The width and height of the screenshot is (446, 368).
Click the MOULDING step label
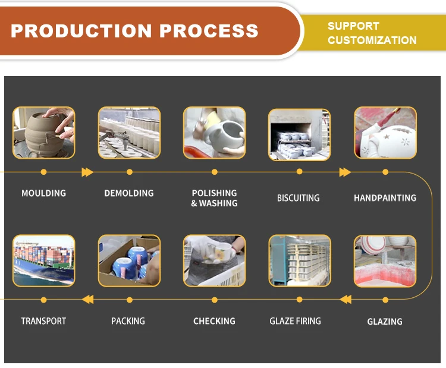43,193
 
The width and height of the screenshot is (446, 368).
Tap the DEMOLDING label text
128,193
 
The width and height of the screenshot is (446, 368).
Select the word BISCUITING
298,198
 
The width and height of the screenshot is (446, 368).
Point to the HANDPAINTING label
385,198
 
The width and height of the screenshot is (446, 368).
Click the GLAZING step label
385,322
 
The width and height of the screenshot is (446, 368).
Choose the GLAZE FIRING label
295,321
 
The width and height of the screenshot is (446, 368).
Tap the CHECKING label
214,321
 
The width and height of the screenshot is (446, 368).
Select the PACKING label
128,321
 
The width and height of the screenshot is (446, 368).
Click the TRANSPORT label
43,321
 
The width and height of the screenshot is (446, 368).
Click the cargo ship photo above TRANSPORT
44,260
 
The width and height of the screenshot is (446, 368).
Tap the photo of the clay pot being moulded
44,133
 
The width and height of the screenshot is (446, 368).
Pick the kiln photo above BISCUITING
299,134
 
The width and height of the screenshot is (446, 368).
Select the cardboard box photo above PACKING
129,260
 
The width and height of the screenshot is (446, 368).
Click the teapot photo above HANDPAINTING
385,133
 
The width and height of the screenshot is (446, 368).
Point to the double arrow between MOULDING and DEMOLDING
87,172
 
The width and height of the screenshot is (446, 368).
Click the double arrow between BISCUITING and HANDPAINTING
345,172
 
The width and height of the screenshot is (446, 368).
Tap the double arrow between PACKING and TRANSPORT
87,299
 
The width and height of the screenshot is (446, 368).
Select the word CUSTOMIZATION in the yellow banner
372,40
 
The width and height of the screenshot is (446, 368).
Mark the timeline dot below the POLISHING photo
214,172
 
